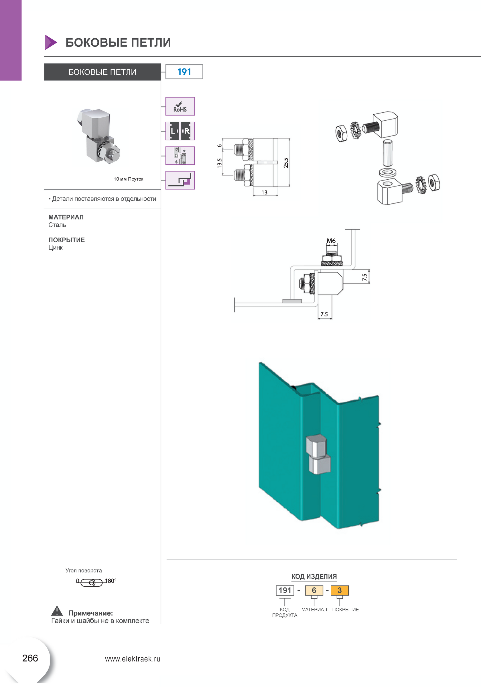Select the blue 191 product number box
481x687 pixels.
coord(184,72)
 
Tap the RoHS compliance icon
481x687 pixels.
coord(180,107)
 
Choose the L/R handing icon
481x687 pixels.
coord(180,131)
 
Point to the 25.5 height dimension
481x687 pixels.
coord(286,163)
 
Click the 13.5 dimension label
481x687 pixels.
coord(220,163)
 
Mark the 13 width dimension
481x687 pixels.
coord(265,193)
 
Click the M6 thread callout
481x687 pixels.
coord(331,241)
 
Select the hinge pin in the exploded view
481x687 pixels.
coord(387,153)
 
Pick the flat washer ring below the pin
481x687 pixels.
coord(387,173)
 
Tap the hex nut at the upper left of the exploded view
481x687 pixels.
coord(341,133)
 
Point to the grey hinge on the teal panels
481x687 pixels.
coord(318,455)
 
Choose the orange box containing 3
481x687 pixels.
coord(340,590)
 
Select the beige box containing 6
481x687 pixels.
coord(314,590)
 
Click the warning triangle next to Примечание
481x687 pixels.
coord(57,611)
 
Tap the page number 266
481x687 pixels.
coord(30,658)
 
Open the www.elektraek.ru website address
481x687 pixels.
coord(133,659)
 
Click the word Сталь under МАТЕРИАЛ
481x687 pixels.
coord(57,225)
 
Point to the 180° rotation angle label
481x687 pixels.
coord(111,581)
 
